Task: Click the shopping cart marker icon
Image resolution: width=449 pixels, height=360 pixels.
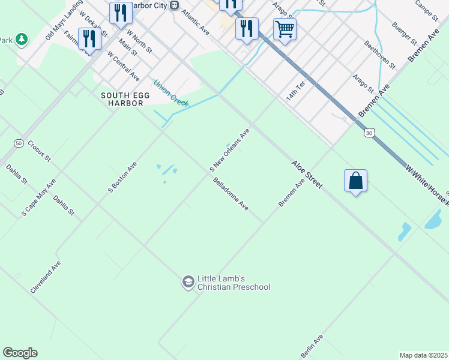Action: coord(285,28)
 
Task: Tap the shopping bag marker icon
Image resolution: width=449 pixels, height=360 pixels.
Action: coord(355,180)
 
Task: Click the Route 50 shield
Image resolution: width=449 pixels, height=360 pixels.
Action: coord(19,143)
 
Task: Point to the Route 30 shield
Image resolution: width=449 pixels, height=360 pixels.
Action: coord(369,133)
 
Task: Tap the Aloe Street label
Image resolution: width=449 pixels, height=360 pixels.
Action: coord(307,174)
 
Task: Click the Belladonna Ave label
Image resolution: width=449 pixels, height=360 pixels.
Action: coord(231,193)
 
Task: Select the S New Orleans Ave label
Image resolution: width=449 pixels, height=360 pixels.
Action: coord(229,149)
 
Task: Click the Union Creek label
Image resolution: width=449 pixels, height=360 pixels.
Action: coord(170,91)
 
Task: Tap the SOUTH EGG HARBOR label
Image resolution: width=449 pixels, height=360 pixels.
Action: coord(122,99)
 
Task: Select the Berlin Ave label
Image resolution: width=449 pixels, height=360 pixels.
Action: coord(312,346)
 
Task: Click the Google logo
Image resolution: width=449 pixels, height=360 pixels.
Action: coord(20,353)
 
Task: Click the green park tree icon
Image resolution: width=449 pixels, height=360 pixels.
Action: coord(22,40)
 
